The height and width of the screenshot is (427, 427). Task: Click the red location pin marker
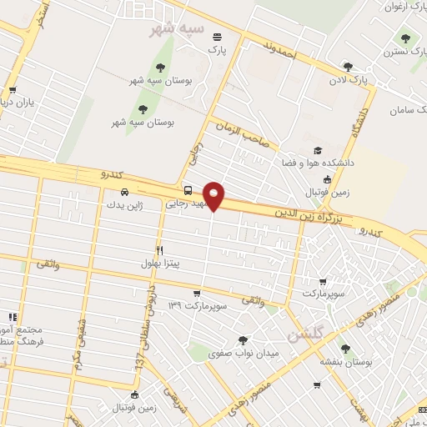point(214,195)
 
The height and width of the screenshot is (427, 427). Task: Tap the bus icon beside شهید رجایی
point(188,190)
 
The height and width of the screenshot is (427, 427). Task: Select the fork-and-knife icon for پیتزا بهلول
point(159,250)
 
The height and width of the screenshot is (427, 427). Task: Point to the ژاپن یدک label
point(124,203)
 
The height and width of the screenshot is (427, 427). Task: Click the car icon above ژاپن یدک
point(124,191)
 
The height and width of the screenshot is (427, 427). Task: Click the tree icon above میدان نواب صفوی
point(242,340)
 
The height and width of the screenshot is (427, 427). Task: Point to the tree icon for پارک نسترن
point(405,38)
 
